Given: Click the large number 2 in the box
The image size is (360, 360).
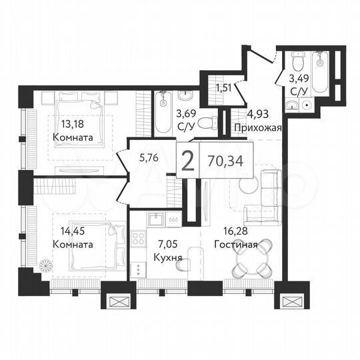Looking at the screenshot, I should point(188,162).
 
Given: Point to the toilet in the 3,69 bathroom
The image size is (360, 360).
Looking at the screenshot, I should point(211,122).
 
